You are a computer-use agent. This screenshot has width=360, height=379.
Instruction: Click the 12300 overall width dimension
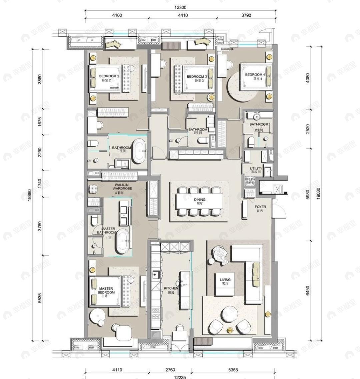tap(180, 7)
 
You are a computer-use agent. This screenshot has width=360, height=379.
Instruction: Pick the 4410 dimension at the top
tap(183, 15)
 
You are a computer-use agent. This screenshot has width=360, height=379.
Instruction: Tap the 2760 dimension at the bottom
tap(170, 370)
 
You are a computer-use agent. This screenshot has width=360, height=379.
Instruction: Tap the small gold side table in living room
tap(230, 330)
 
